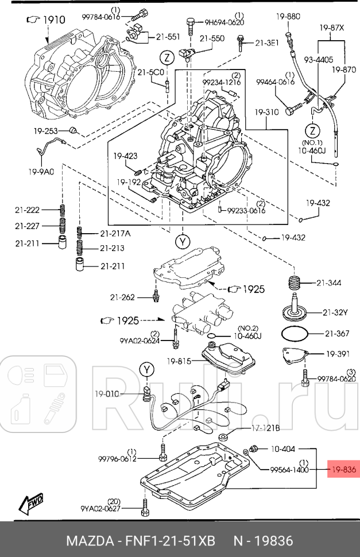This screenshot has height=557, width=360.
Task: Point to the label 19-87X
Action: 333,26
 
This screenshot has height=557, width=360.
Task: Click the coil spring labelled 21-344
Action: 295,283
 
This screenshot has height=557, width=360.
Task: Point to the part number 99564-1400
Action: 290,469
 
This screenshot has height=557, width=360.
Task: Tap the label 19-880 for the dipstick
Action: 288,17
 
